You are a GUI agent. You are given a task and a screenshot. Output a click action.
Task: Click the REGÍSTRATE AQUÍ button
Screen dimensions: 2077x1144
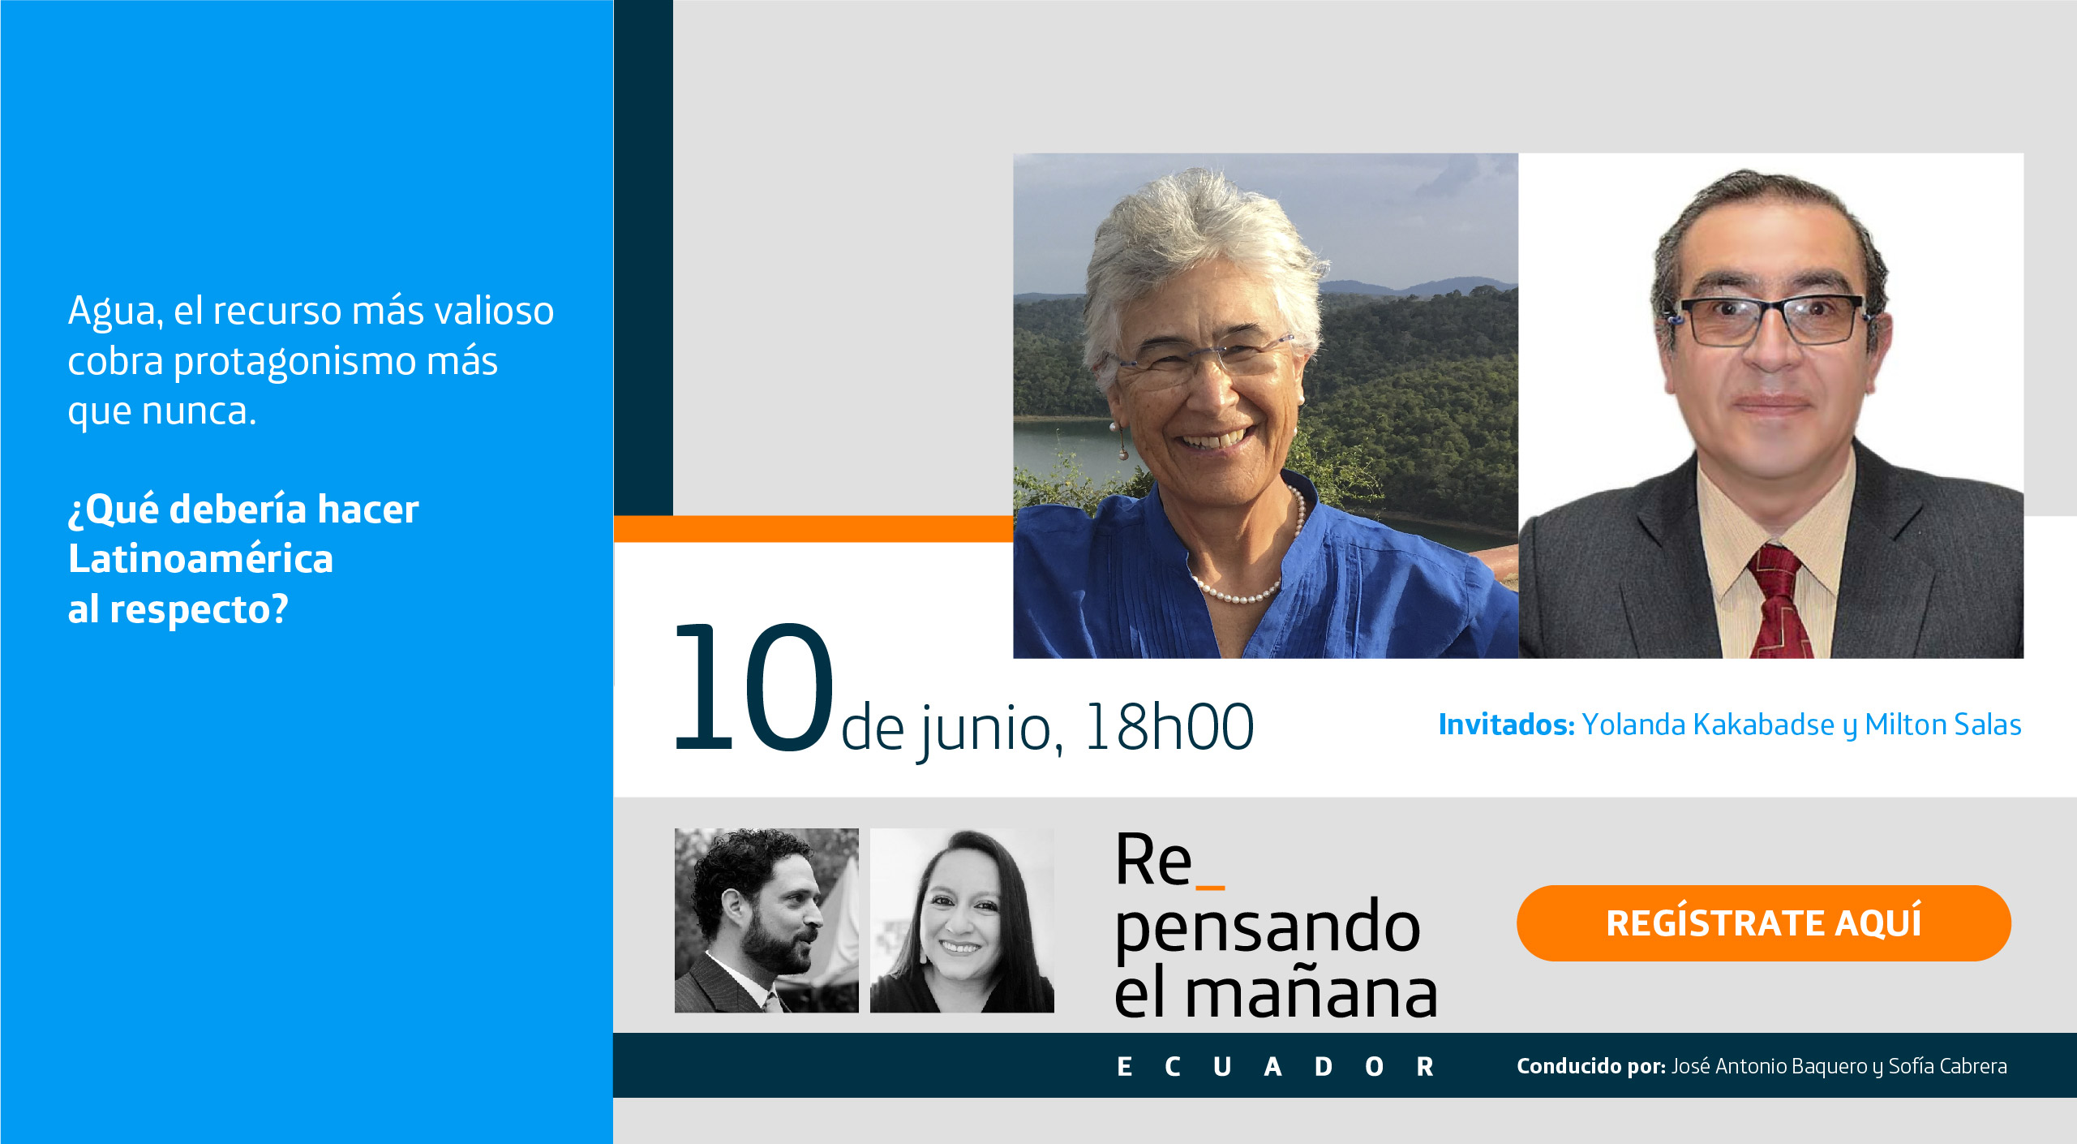tap(1763, 923)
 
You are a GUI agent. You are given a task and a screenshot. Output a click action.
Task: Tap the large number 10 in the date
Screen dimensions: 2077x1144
tap(754, 686)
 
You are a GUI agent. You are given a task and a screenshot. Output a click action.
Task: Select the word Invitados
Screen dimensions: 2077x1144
tap(1506, 725)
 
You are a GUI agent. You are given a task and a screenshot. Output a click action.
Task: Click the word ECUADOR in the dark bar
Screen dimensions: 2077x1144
tap(1275, 1066)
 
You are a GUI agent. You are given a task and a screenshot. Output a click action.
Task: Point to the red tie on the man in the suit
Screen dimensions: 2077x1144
tap(1780, 600)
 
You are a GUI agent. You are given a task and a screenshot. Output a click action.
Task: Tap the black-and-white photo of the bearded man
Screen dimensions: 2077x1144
tap(766, 920)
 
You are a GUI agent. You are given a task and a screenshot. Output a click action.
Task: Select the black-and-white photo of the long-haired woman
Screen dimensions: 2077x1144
tap(962, 920)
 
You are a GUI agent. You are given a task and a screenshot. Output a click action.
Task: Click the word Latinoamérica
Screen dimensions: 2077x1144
tap(200, 559)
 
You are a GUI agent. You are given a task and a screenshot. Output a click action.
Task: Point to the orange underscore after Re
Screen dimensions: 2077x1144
tap(1210, 888)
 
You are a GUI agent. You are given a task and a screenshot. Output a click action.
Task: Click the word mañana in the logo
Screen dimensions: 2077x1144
tap(1311, 993)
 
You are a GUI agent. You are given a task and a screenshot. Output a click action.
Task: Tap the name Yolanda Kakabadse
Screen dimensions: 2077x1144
tap(1708, 725)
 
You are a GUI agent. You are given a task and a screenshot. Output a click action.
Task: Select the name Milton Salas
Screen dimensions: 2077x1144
tap(1943, 725)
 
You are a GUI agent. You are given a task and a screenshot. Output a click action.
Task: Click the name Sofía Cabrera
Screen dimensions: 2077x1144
tap(1947, 1066)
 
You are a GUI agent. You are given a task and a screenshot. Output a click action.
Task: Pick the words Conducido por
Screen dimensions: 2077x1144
tap(1591, 1066)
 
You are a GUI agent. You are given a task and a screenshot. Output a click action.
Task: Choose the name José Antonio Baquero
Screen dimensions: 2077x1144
tap(1770, 1066)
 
